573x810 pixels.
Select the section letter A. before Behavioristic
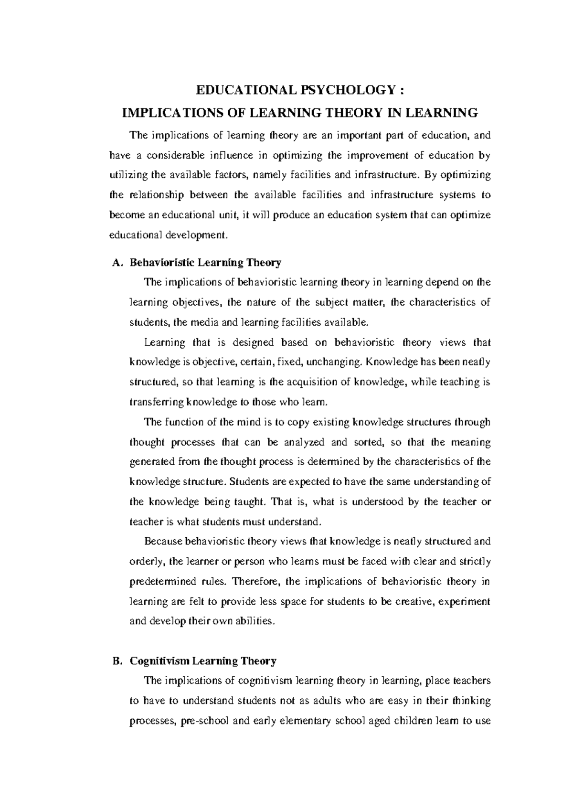[115, 262]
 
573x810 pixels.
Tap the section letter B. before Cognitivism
[115, 661]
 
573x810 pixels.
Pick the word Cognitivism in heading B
[159, 661]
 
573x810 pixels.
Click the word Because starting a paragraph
[163, 542]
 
